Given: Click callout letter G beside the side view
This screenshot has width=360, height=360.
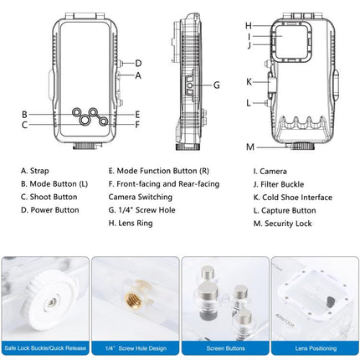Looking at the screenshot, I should point(216,85).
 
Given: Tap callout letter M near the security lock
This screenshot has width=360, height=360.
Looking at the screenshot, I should point(250,147).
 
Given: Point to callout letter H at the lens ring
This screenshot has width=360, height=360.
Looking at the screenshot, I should point(249,26).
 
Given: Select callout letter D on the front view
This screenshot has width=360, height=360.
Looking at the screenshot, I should point(138,63).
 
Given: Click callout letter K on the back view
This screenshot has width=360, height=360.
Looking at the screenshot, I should point(249,82).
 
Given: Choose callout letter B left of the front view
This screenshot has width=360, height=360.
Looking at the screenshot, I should point(25,114).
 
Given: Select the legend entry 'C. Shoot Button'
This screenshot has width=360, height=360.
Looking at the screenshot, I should point(49,197).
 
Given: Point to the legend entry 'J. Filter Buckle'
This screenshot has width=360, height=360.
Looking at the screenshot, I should point(282,183).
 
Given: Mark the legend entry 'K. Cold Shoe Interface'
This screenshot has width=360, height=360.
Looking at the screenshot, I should point(292,197).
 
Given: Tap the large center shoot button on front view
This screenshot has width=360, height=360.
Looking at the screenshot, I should point(86,120).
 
